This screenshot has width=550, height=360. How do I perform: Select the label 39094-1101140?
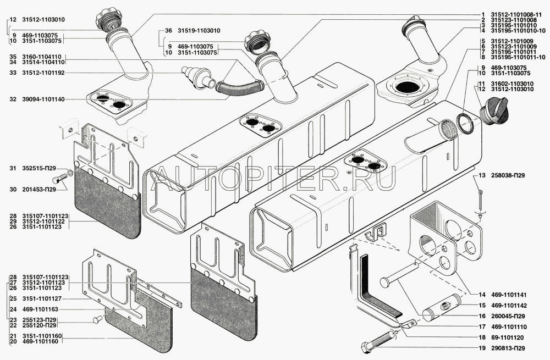coord(45,99)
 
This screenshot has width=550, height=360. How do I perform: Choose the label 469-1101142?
coord(510,305)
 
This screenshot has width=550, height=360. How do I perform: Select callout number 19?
coord(482,348)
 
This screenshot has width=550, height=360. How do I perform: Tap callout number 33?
coord(12,71)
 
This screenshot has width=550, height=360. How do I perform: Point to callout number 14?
coord(482,295)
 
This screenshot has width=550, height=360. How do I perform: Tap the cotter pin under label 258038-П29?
coord(480,198)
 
